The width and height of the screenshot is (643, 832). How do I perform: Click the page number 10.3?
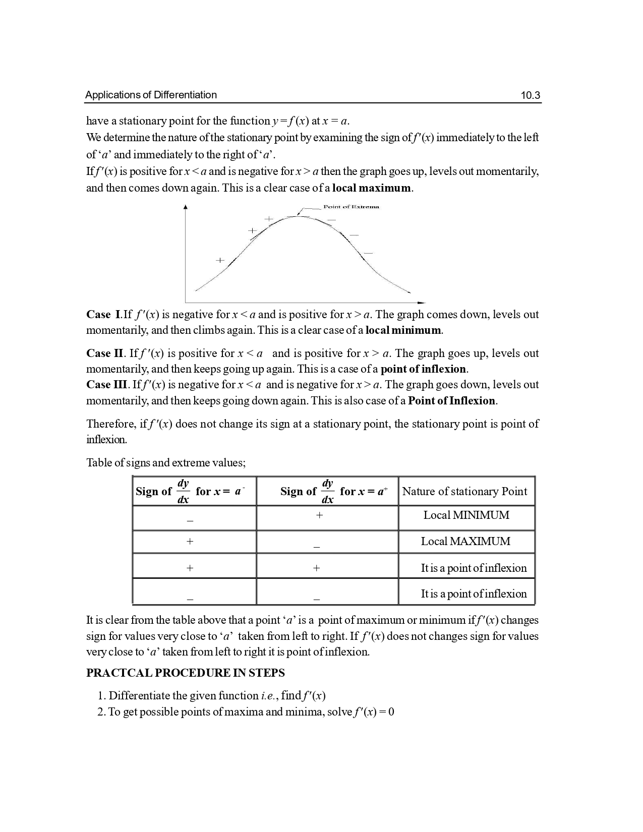[x=530, y=95]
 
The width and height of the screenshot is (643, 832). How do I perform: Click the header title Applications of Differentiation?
[x=151, y=95]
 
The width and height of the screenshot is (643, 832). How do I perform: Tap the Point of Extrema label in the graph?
[x=351, y=207]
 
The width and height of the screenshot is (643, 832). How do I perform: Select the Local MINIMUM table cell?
[x=466, y=515]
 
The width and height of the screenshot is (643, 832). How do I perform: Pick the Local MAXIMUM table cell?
[x=465, y=542]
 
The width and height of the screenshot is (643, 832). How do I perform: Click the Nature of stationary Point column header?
[x=464, y=492]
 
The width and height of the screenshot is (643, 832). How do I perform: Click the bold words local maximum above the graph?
[x=372, y=189]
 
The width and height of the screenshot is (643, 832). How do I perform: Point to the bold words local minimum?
[x=403, y=331]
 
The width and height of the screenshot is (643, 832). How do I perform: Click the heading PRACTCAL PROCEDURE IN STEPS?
[x=186, y=673]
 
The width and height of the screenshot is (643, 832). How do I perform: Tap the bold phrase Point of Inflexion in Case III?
[x=452, y=401]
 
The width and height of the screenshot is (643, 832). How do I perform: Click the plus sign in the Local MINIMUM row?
[x=319, y=515]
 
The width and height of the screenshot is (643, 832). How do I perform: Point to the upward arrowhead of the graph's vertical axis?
[x=186, y=207]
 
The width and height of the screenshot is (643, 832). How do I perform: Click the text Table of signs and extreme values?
[x=166, y=463]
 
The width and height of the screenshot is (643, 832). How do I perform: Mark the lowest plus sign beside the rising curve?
[x=220, y=260]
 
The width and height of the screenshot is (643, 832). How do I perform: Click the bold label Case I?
[x=103, y=315]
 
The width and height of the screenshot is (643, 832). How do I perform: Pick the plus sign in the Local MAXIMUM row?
[x=190, y=542]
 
